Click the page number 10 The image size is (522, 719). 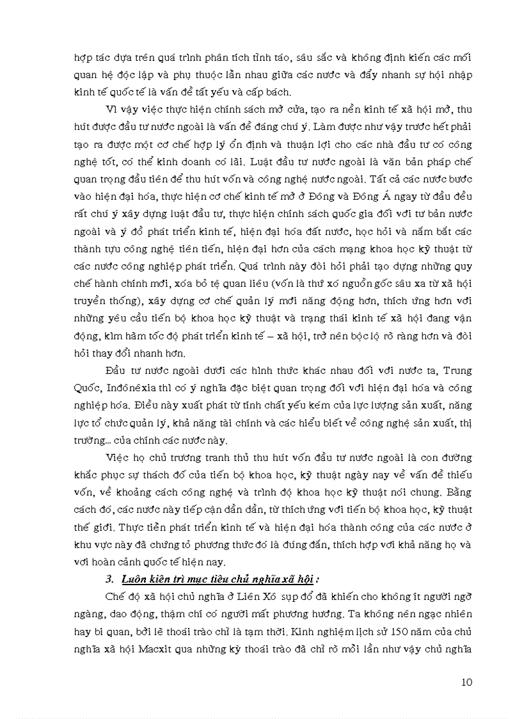[466, 682]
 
